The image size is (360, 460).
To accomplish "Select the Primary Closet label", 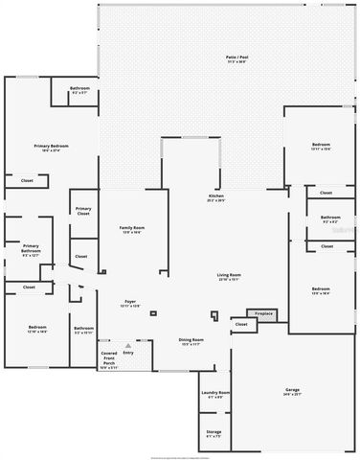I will [84, 210].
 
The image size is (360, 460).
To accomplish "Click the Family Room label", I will [131, 227].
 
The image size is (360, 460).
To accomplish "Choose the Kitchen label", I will [216, 196].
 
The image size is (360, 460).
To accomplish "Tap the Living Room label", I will [228, 275].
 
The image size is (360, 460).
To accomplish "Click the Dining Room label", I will [191, 339].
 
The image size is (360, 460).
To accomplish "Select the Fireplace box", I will [263, 313].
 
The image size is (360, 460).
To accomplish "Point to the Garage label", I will [292, 389].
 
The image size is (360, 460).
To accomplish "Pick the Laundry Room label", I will [214, 393].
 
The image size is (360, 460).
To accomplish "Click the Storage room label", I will [214, 432].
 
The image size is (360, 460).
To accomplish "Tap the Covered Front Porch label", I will [109, 358].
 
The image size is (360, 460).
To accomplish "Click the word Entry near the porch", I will [128, 354].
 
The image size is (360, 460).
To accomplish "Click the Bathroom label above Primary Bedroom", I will [79, 89].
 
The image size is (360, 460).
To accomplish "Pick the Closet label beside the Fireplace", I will [241, 324].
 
